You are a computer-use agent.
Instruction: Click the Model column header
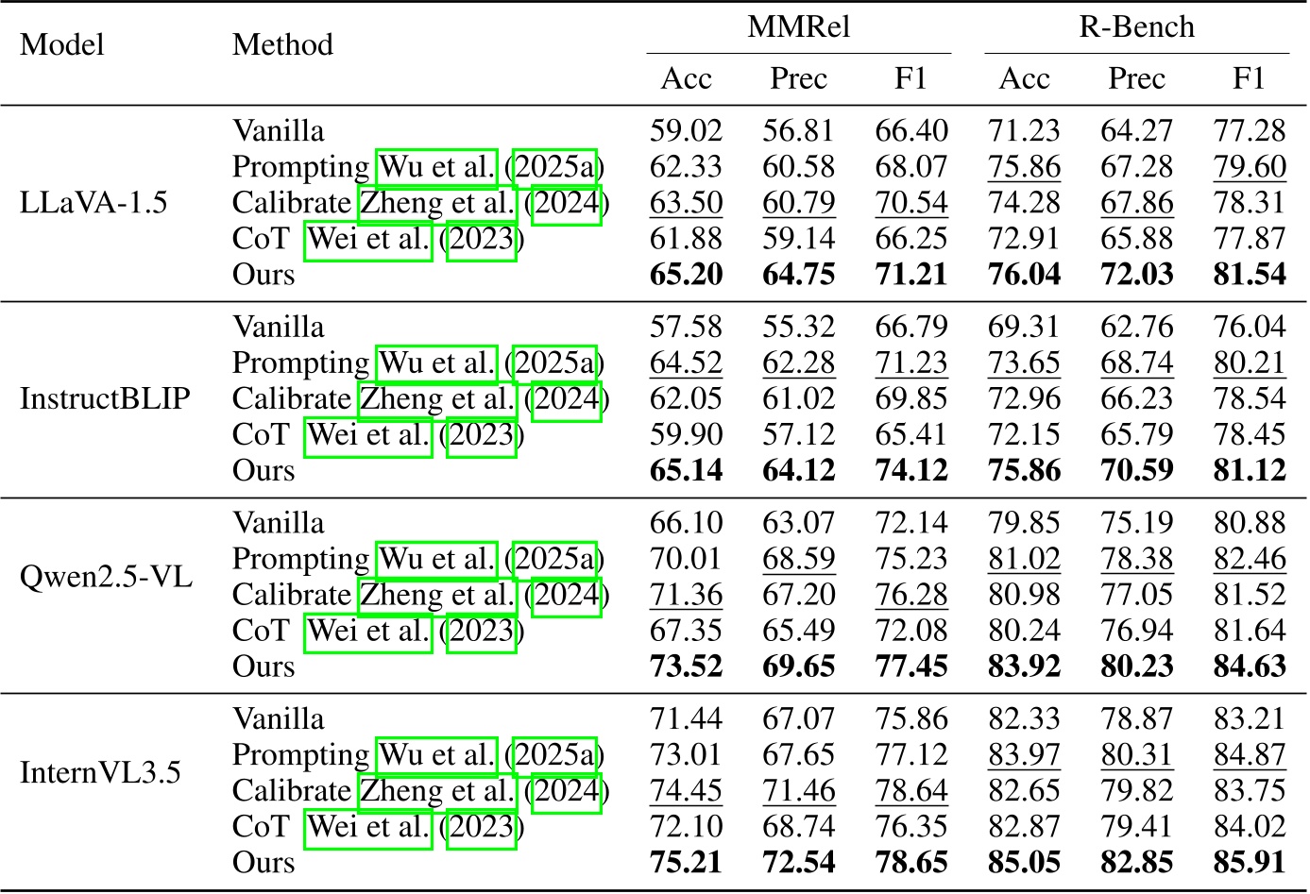[x=62, y=44]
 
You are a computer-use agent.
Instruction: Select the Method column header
[x=282, y=44]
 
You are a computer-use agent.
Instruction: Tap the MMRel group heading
[x=798, y=26]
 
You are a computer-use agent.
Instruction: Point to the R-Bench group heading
[x=1136, y=26]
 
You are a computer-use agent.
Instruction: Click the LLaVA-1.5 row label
[x=94, y=202]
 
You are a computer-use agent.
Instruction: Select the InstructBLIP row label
[x=105, y=398]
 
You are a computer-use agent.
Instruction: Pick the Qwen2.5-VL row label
[x=106, y=576]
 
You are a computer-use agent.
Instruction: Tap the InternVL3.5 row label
[x=100, y=772]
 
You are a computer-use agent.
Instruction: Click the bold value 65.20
[x=686, y=275]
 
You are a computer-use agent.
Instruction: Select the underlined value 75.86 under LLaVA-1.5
[x=1024, y=167]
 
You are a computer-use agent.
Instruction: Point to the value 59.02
[x=686, y=131]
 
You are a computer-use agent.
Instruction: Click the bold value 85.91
[x=1249, y=863]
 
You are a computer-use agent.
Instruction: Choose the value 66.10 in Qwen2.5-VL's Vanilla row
[x=686, y=523]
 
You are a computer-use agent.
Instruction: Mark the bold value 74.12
[x=910, y=471]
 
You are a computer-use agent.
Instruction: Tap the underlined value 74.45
[x=686, y=791]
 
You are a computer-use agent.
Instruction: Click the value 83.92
[x=1024, y=666]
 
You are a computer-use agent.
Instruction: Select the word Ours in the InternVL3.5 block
[x=264, y=863]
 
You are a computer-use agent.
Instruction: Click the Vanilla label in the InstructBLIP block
[x=279, y=328]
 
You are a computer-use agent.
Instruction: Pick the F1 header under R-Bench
[x=1249, y=78]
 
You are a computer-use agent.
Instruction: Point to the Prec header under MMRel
[x=798, y=78]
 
